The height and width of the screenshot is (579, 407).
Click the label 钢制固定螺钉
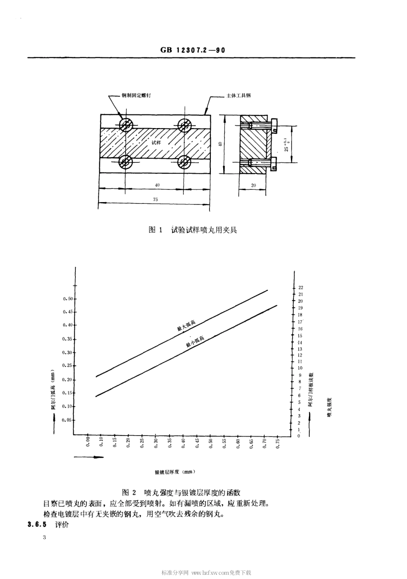click(x=136, y=95)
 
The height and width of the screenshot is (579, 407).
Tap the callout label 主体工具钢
click(x=239, y=95)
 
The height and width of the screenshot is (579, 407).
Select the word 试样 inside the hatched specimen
click(x=156, y=142)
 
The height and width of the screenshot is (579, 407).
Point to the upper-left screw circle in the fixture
click(x=126, y=125)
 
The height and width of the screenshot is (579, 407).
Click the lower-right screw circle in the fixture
click(x=185, y=161)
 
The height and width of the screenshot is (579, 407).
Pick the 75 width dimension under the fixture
click(x=155, y=199)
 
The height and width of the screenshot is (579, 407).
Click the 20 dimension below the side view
click(x=253, y=185)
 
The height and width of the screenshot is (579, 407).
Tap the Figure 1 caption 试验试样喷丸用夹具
click(x=192, y=230)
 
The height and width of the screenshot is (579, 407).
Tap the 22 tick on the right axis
click(x=301, y=287)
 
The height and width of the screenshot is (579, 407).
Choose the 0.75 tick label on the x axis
click(x=278, y=443)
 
